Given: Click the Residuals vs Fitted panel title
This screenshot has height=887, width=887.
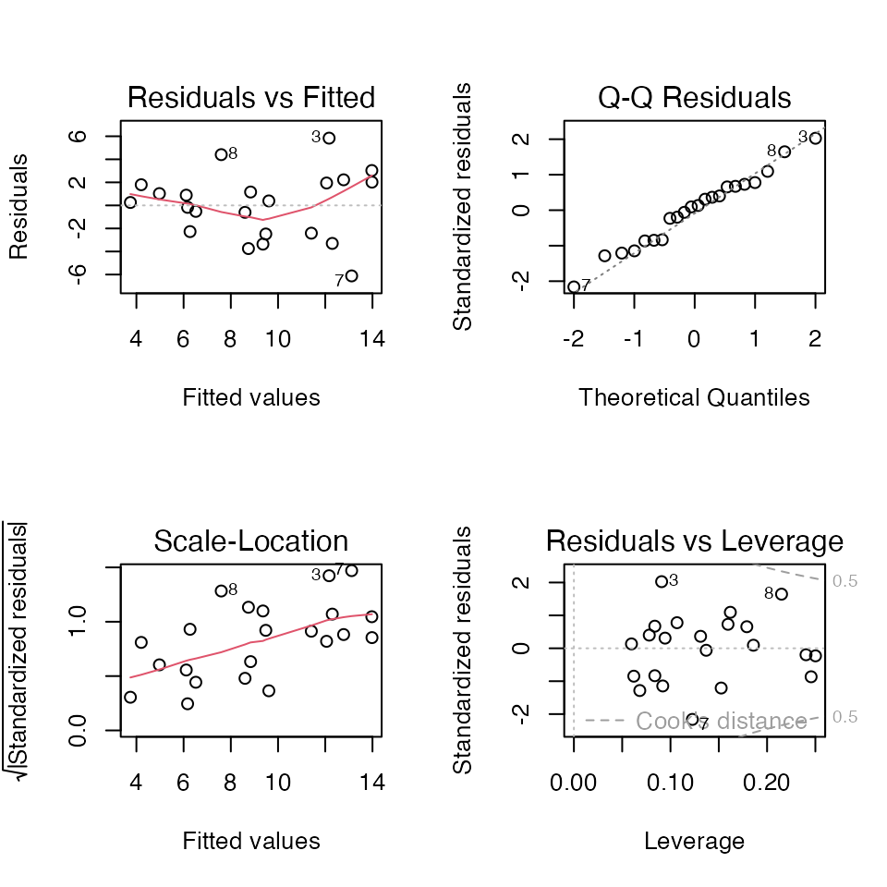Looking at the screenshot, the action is point(251,97).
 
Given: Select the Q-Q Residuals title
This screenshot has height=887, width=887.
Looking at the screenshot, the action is point(694,97).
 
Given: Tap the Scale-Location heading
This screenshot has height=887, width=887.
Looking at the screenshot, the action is point(251,541).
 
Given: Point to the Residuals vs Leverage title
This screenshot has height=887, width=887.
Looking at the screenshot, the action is point(695,541).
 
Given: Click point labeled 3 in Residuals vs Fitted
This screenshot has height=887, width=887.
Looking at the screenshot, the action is point(329,138).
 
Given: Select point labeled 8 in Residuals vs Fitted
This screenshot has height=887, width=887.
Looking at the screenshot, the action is point(221,154).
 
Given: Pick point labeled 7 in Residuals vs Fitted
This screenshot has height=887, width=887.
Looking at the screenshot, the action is point(351,276).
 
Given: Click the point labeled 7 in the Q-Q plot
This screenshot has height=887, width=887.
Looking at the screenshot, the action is point(574,286).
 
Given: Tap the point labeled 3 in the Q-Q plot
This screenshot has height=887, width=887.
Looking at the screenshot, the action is point(815,138).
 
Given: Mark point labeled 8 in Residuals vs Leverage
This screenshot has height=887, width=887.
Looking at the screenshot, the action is point(782,594).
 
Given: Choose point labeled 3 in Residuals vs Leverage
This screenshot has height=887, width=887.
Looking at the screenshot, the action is point(662,581).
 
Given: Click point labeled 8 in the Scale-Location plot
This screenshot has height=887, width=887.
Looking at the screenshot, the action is point(221,591).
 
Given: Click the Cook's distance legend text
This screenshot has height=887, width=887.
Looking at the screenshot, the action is point(722,722).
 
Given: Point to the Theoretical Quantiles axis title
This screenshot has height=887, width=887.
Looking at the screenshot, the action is point(694,397).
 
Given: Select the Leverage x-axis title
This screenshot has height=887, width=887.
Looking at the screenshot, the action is point(694,842).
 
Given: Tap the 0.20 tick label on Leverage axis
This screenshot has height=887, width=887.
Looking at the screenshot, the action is point(767,783).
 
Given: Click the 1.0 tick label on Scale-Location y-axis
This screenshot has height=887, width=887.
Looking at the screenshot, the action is point(77,621).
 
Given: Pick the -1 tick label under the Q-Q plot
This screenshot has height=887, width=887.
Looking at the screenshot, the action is point(634,339).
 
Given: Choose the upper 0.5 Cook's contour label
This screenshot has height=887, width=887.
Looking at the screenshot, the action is point(844,581).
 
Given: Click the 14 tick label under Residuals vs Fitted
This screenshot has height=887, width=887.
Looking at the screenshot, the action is point(372,339).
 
